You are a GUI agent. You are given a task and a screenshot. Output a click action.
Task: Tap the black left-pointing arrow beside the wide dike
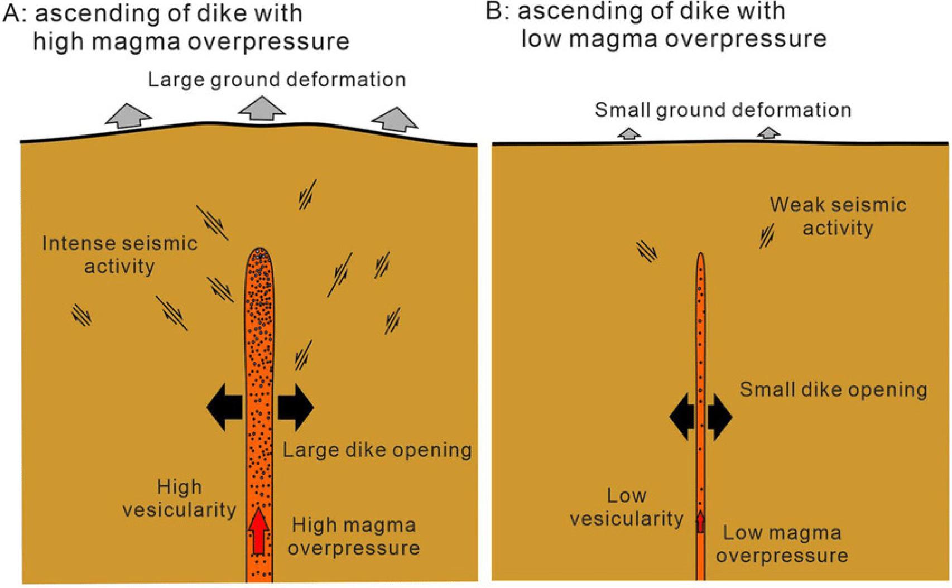click(224, 407)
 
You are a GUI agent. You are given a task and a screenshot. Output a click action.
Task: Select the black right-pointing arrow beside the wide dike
click(296, 407)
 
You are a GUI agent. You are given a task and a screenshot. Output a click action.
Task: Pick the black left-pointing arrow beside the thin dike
click(681, 416)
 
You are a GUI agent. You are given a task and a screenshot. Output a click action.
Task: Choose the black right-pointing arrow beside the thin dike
click(720, 416)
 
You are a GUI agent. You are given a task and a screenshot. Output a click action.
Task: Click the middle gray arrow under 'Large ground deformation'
click(262, 109)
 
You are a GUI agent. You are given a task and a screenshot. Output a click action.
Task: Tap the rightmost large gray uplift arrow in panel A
click(395, 119)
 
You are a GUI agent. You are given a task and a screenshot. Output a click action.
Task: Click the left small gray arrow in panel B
click(629, 134)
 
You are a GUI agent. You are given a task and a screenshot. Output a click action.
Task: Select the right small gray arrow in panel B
click(768, 133)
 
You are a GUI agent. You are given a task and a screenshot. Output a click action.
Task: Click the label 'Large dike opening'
click(377, 450)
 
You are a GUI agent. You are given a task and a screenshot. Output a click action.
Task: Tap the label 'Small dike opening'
click(833, 389)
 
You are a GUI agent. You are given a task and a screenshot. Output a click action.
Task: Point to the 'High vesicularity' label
click(179, 498)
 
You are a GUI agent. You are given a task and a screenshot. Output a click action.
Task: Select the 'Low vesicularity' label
click(626, 507)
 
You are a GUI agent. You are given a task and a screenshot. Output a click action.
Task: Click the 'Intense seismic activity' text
click(119, 255)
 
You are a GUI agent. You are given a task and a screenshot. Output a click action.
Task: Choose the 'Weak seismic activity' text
click(838, 216)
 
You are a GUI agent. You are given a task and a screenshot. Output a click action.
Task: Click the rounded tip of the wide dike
click(259, 254)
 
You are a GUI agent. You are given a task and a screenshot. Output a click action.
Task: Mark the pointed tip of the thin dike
click(700, 257)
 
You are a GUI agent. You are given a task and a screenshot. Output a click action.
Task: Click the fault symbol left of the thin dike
click(647, 251)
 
